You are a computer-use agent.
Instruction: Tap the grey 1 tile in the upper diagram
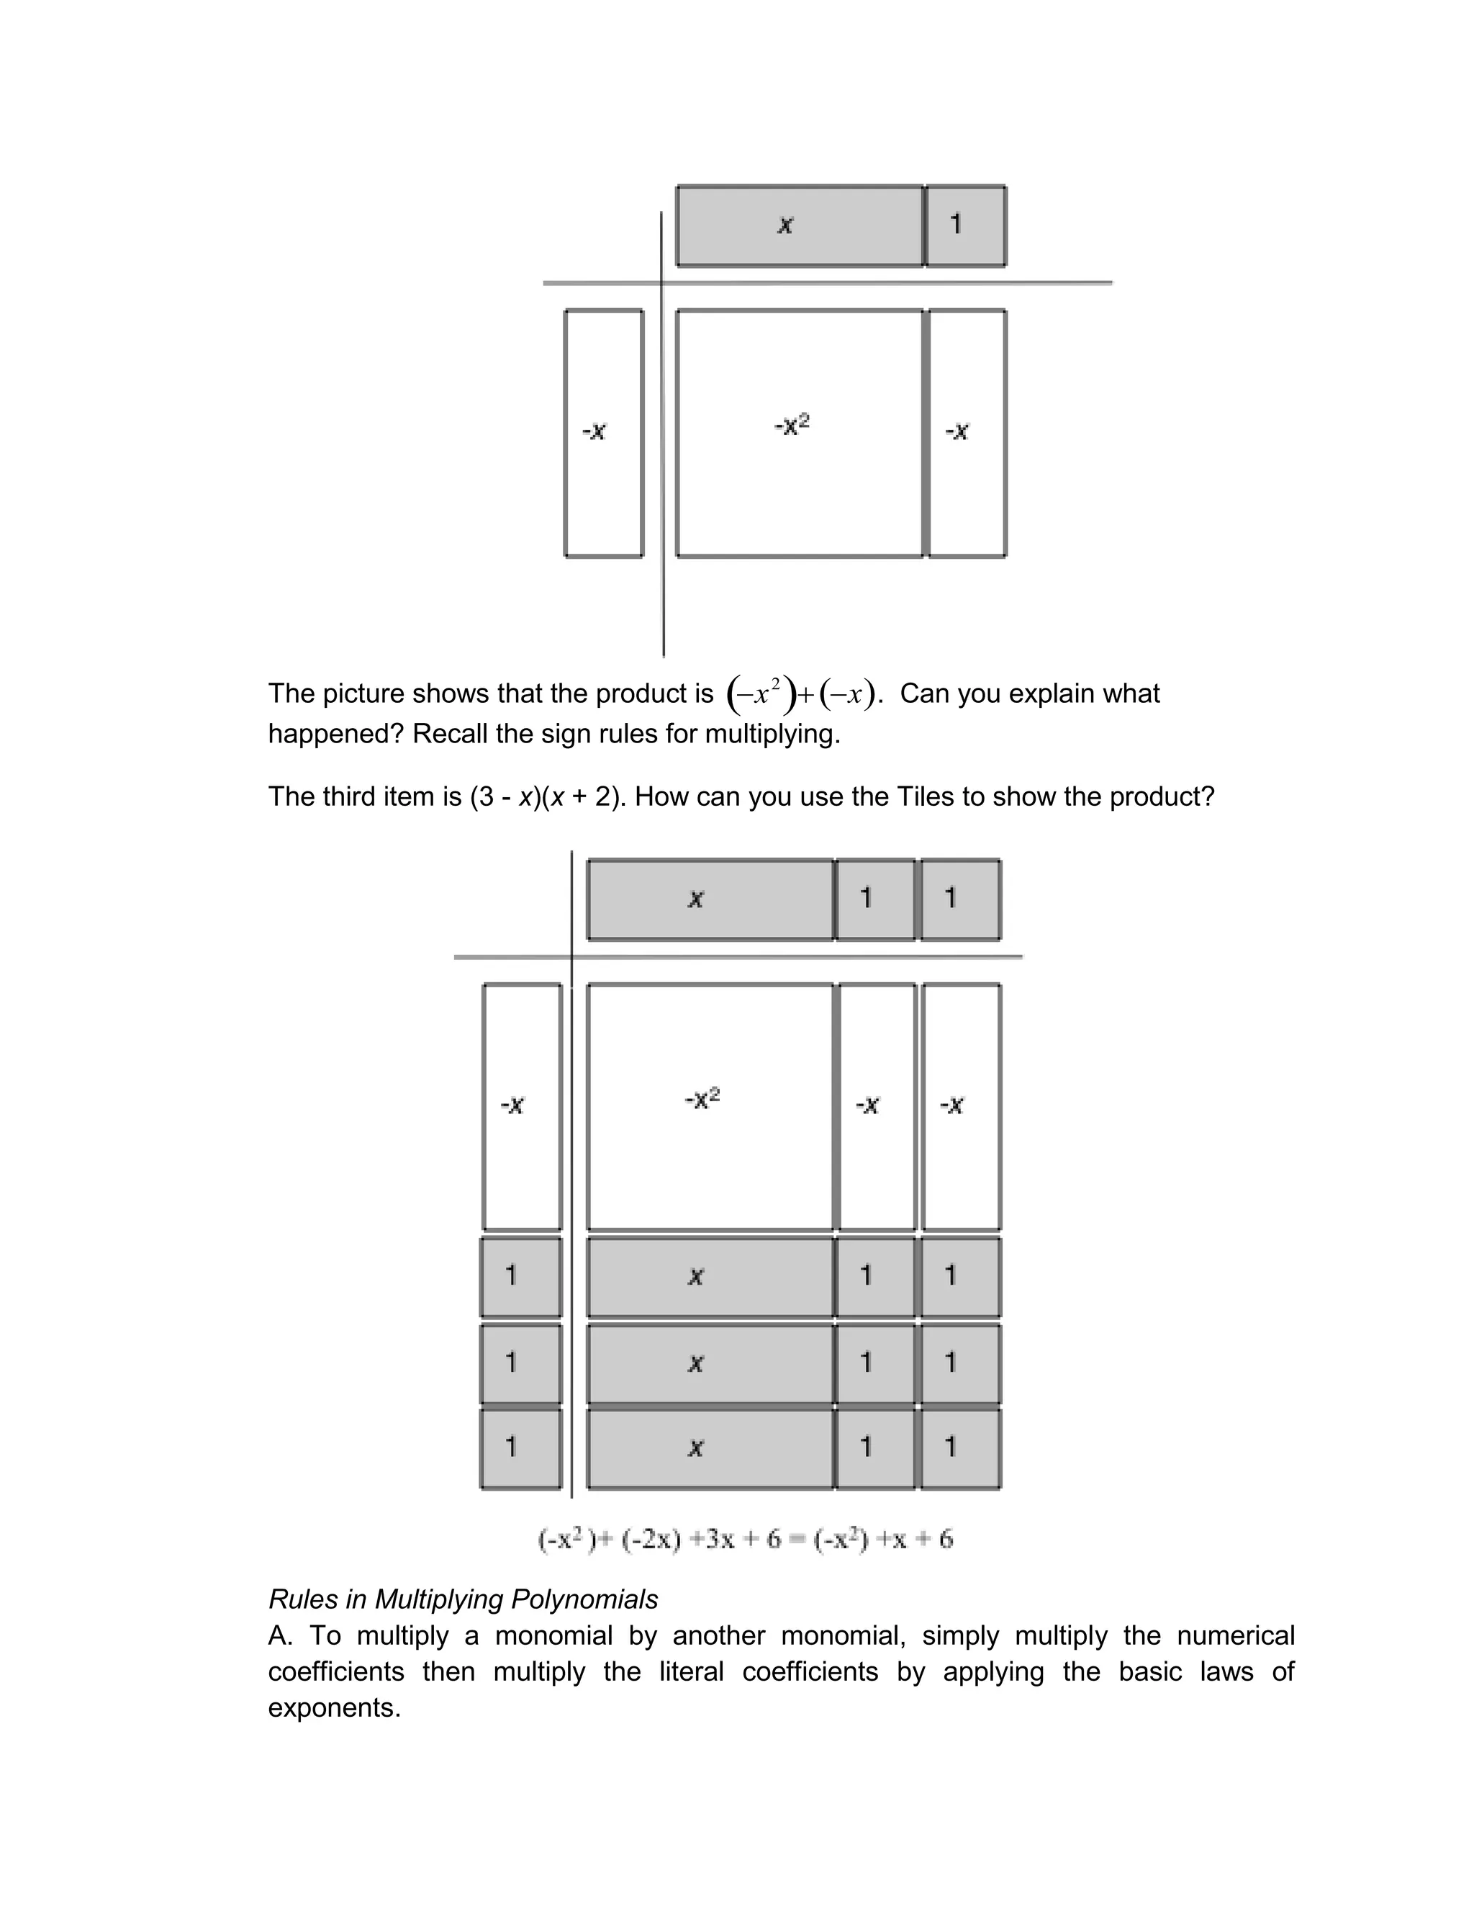pos(966,225)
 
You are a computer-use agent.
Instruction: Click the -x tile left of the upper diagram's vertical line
pos(604,432)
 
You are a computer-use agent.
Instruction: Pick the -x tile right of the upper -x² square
pos(967,432)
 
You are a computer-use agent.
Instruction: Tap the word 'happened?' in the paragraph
pos(336,733)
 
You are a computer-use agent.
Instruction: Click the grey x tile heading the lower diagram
pos(710,899)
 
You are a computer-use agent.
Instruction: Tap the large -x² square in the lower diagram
pos(710,1106)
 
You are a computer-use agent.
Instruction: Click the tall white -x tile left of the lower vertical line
pos(522,1106)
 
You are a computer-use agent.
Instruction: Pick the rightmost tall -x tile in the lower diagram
pos(961,1106)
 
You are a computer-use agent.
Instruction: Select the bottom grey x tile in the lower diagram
pos(710,1448)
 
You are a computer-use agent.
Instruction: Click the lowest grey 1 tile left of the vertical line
pos(521,1448)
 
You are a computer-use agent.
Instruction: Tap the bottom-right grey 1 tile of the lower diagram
pos(961,1448)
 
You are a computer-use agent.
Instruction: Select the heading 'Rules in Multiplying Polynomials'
pos(462,1599)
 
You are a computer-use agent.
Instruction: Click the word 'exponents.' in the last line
pos(334,1708)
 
